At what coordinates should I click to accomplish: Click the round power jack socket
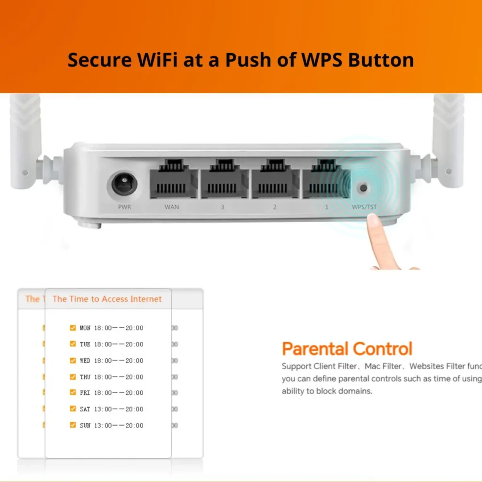125,185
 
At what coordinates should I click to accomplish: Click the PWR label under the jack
125,207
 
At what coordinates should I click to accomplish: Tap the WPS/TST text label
364,207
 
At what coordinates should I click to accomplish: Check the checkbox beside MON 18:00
72,328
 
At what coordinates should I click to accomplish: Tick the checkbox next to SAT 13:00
72,409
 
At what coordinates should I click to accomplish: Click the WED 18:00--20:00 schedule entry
112,361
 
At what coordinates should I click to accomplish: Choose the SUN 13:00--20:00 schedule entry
112,426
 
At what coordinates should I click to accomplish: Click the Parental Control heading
347,349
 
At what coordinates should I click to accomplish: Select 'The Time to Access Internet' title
107,299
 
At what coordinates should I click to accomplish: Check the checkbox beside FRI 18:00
72,392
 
